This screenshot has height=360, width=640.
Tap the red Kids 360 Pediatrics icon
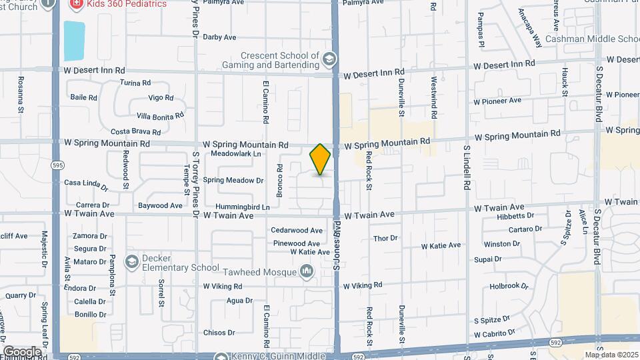(77, 4)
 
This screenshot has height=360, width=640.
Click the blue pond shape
(74, 40)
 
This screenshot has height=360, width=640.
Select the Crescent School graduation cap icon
(328, 60)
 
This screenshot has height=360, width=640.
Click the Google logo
(22, 351)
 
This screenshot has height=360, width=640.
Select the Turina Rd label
(135, 83)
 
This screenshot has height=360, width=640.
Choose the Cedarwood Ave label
(297, 230)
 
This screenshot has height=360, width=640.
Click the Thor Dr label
(385, 238)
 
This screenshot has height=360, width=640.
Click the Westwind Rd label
(433, 97)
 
